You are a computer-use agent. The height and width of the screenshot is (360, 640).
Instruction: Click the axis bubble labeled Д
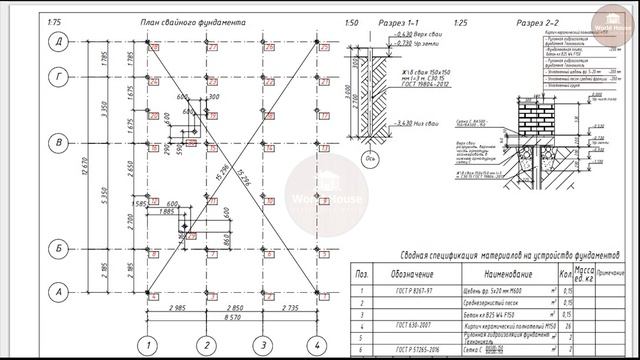click(59, 40)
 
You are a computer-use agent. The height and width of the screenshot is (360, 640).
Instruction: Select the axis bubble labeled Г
click(59, 75)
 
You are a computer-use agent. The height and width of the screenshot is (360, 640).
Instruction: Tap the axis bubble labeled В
click(59, 143)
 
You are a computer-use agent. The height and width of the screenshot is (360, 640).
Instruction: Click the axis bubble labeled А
click(59, 292)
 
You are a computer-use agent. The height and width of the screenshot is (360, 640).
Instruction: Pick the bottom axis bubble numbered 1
click(149, 345)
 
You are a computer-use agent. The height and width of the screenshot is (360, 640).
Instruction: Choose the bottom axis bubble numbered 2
click(206, 345)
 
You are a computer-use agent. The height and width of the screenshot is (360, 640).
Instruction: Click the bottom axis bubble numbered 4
click(319, 345)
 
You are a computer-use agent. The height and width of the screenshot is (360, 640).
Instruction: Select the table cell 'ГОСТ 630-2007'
click(411, 324)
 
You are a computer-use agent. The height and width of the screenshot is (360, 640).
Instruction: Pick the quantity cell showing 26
click(567, 324)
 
